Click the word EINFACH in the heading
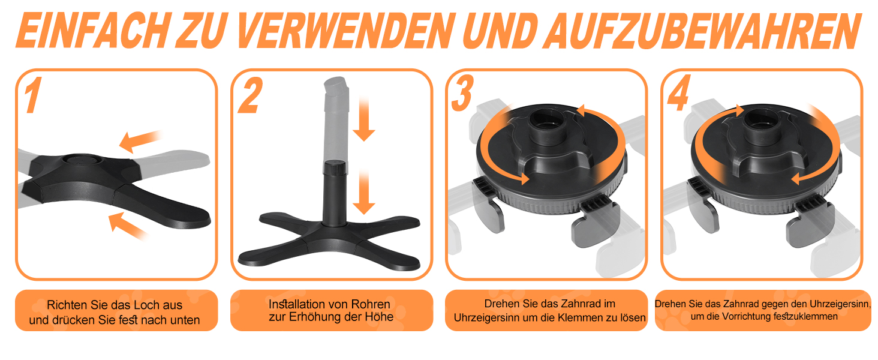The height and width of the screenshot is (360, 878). [x=94, y=31]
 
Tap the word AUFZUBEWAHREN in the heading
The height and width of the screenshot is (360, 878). [x=702, y=31]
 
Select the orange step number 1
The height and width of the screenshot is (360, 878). [x=33, y=95]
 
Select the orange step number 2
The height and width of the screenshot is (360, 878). [x=250, y=95]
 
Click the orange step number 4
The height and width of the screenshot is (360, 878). [x=679, y=92]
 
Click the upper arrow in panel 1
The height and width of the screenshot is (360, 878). [x=140, y=141]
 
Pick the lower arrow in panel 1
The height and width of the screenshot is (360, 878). [x=128, y=226]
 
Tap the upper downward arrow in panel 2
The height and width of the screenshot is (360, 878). [x=364, y=119]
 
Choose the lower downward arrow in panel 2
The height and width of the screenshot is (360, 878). [x=364, y=192]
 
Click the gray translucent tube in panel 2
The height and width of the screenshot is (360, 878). [x=336, y=118]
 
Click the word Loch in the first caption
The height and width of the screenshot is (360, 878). [x=145, y=305]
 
